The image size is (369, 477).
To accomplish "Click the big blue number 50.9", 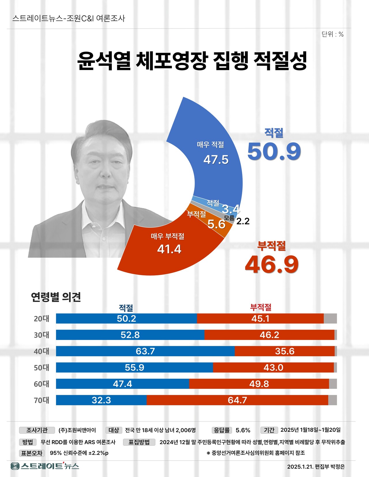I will [x=274, y=152].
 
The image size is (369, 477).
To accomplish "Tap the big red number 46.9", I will [x=272, y=265].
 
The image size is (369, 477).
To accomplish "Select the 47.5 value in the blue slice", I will [x=216, y=160].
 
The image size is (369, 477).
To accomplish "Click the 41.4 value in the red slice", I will [x=169, y=249].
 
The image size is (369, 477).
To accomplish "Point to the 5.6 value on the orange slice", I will [x=216, y=224].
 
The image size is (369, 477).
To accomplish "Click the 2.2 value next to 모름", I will [x=243, y=221].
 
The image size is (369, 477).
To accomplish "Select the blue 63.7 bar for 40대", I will [x=145, y=351].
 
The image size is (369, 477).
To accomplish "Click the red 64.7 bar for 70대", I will [x=237, y=400].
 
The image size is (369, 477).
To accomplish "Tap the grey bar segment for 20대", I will [x=330, y=319].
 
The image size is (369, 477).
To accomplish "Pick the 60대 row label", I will [x=42, y=384].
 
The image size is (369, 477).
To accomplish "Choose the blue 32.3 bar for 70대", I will [x=101, y=400].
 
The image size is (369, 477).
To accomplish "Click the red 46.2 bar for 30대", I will [x=269, y=335].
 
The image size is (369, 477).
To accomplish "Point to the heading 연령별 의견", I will [x=56, y=297].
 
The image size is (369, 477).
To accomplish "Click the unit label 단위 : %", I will [x=332, y=35].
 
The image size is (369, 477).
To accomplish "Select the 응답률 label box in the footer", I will [x=222, y=430].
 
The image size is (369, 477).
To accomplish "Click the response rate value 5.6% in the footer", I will [x=243, y=430].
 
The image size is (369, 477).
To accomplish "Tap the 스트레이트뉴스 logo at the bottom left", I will [x=45, y=466].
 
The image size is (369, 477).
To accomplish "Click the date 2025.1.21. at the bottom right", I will [x=300, y=467].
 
